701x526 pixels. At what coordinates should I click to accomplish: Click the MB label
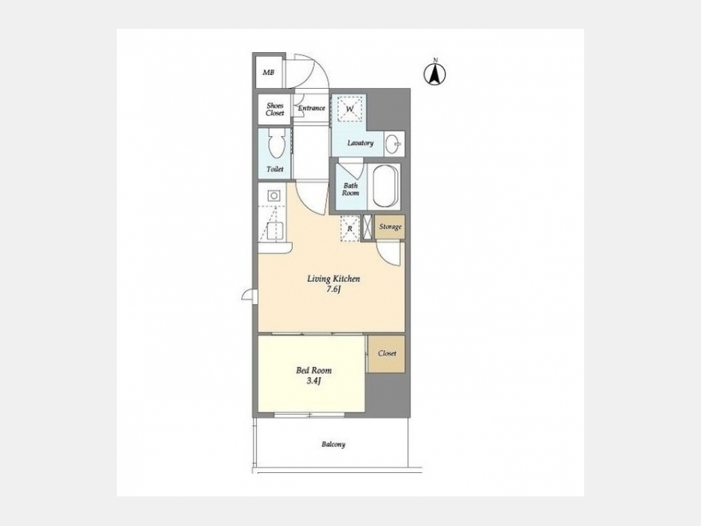[268, 72]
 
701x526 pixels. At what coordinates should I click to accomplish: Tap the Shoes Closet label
[275, 110]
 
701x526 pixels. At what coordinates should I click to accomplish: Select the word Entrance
[312, 108]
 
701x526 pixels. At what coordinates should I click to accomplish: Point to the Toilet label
[275, 170]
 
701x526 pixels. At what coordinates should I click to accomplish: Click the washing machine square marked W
[350, 108]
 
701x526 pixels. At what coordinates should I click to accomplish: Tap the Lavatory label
[361, 143]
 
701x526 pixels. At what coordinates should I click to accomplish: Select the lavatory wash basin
[393, 144]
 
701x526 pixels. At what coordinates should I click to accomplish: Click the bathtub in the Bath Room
[386, 186]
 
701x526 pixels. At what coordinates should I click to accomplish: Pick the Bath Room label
[350, 189]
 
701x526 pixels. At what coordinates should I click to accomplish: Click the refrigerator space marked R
[350, 228]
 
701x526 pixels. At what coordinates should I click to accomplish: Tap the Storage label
[390, 227]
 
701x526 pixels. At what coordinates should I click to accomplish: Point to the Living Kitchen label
[333, 279]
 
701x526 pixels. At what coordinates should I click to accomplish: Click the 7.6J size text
[333, 289]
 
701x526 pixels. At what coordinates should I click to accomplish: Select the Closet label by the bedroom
[387, 353]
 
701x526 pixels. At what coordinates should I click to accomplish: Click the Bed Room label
[314, 370]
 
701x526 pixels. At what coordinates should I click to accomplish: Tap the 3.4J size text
[314, 381]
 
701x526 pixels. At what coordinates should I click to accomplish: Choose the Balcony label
[333, 445]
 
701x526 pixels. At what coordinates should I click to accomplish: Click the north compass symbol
[435, 72]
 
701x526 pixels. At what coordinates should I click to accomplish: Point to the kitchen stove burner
[273, 196]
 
